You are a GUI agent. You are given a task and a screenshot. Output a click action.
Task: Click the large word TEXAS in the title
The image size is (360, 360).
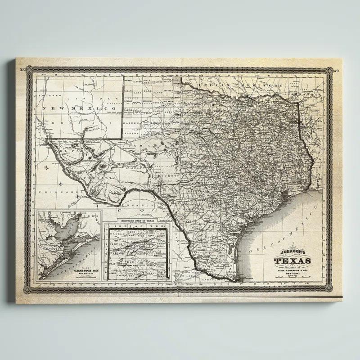click(x=292, y=261)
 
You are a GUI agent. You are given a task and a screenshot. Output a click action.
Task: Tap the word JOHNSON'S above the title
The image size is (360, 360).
click(x=292, y=253)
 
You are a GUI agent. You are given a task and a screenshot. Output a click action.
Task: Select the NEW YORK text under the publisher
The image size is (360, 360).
click(x=292, y=273)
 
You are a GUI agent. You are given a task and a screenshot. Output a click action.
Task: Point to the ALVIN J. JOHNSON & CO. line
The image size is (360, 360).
click(x=292, y=270)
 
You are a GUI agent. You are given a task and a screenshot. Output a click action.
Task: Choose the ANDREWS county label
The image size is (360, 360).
click(x=131, y=134)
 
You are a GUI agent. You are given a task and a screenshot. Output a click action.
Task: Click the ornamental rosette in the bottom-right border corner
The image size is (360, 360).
click(x=330, y=288)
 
